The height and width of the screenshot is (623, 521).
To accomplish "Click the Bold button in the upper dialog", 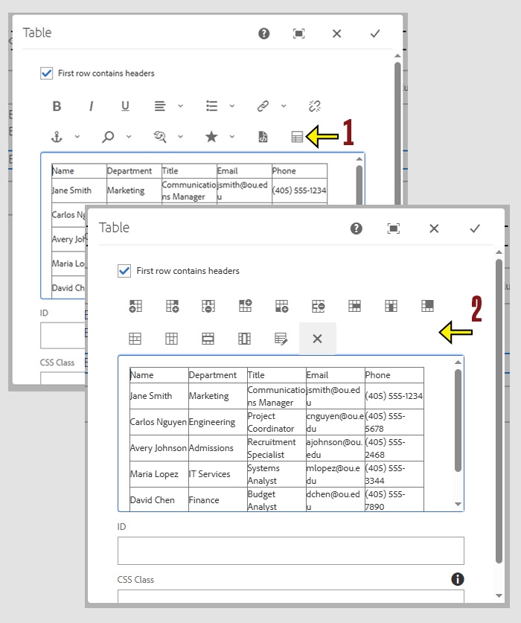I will (x=57, y=106).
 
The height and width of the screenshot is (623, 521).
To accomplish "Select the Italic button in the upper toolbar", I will (x=91, y=106).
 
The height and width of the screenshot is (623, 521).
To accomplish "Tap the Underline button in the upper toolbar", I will (x=125, y=106).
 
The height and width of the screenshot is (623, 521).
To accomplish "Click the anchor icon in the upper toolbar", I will (x=57, y=137).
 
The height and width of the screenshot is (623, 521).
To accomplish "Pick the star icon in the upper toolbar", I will (x=211, y=137).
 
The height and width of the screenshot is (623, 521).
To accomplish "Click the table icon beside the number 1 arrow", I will (x=297, y=137).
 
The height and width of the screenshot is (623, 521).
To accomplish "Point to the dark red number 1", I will (x=348, y=133).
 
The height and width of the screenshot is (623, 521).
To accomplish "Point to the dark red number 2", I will (x=476, y=310).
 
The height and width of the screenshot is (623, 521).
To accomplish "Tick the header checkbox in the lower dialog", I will (x=124, y=271).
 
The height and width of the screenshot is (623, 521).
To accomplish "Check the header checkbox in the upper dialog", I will (x=47, y=73).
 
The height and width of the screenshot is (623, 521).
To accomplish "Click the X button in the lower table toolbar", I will (x=317, y=339).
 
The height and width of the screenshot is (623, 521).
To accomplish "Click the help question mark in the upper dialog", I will (x=264, y=33).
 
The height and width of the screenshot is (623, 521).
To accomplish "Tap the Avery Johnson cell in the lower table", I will (x=158, y=448).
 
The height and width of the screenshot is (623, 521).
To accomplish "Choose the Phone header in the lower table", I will (x=378, y=375).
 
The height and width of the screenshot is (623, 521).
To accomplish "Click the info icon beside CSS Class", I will (x=458, y=579).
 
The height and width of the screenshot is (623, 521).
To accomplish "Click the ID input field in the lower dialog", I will (x=290, y=551).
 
